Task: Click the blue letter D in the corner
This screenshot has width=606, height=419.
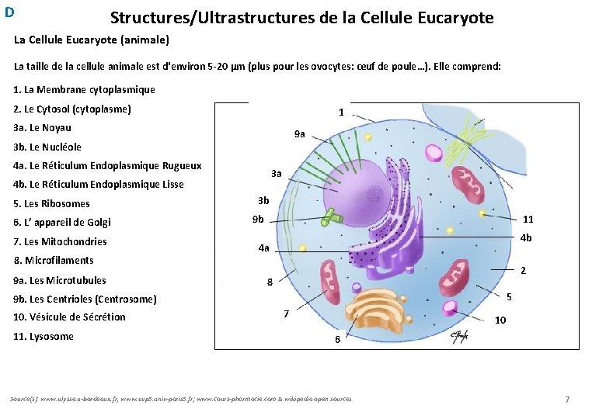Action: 9,12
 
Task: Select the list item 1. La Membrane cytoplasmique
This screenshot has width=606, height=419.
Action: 85,90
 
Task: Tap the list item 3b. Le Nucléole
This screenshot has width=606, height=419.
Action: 47,147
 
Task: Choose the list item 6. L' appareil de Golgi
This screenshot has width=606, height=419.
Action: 62,222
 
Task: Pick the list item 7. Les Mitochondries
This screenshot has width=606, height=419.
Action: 61,241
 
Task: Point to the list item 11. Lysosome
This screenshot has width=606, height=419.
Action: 44,336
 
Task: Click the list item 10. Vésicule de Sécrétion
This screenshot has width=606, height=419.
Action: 69,317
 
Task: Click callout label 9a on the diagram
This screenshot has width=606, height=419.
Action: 300,134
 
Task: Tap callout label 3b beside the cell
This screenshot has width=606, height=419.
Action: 263,201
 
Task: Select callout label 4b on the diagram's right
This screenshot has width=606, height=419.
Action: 526,237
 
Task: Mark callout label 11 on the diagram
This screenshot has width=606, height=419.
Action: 528,219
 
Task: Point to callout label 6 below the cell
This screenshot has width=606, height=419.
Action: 337,339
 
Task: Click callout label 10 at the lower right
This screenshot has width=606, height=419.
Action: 500,320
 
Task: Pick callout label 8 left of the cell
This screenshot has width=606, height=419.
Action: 270,282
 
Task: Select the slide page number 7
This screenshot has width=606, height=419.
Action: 567,399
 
